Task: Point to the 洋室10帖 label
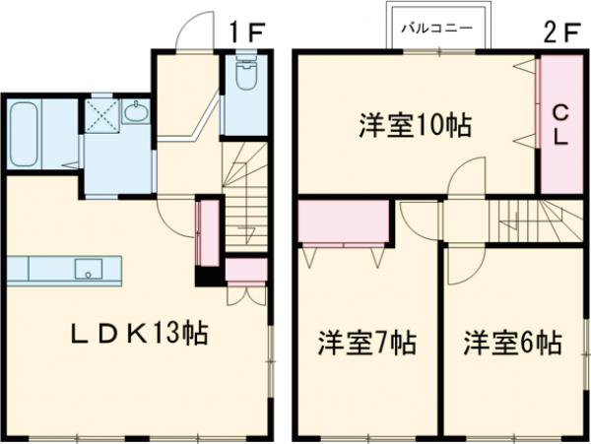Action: point(414,126)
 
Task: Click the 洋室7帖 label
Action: point(365,344)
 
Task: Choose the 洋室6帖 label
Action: point(513,344)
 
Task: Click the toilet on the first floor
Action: point(246,79)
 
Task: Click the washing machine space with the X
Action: point(99,112)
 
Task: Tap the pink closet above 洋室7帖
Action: point(343,223)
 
